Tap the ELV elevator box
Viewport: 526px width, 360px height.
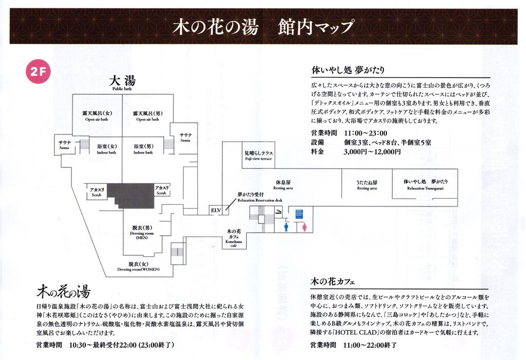[215, 210]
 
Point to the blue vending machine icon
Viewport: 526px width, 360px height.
[299, 212]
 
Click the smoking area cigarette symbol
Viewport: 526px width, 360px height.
[278, 210]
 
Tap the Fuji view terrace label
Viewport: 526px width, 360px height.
[258, 156]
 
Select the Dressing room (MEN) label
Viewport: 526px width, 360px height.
[142, 233]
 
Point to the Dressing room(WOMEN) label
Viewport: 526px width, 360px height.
[138, 266]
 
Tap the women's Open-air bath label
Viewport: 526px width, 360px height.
[97, 116]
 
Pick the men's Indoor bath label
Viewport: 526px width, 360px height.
[143, 149]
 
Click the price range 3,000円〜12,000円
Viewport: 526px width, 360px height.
[372, 152]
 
